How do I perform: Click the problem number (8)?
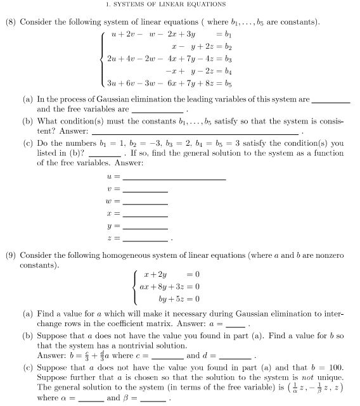10,22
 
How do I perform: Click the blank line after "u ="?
174,179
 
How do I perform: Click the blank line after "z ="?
146,239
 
